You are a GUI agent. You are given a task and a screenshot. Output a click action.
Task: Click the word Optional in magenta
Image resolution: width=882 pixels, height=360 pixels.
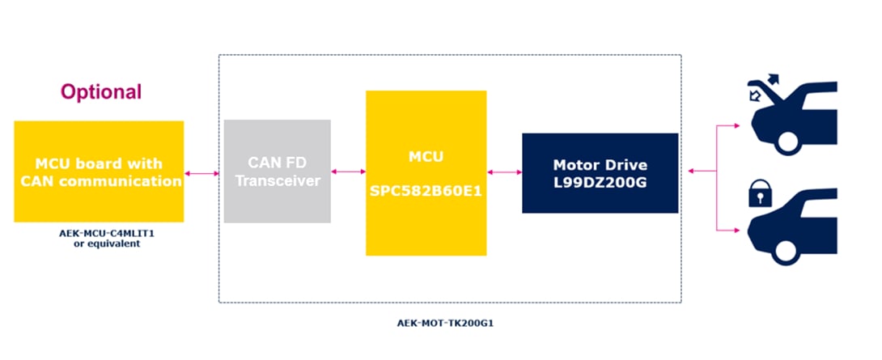(x=101, y=92)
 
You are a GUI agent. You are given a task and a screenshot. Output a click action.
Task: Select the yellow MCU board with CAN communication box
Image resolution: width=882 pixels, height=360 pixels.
(x=99, y=172)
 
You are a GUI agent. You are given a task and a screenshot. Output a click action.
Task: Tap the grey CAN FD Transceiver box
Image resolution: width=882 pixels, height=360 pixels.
(x=277, y=172)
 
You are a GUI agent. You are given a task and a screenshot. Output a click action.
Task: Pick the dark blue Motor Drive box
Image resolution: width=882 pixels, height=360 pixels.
(x=600, y=172)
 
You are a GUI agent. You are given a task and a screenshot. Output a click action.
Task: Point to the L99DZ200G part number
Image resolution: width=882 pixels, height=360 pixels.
(x=600, y=182)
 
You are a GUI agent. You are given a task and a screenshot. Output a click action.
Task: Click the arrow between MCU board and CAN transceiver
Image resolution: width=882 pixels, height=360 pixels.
(x=201, y=173)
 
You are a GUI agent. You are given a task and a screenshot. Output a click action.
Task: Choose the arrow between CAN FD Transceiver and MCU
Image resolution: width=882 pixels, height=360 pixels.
(x=348, y=172)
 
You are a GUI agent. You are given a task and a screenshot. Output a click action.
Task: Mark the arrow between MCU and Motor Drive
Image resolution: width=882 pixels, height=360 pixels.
(x=504, y=172)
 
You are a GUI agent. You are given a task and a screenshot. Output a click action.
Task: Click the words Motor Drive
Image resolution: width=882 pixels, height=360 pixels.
(x=600, y=165)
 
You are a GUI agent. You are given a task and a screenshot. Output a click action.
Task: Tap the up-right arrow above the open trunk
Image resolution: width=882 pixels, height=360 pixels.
(x=770, y=79)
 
